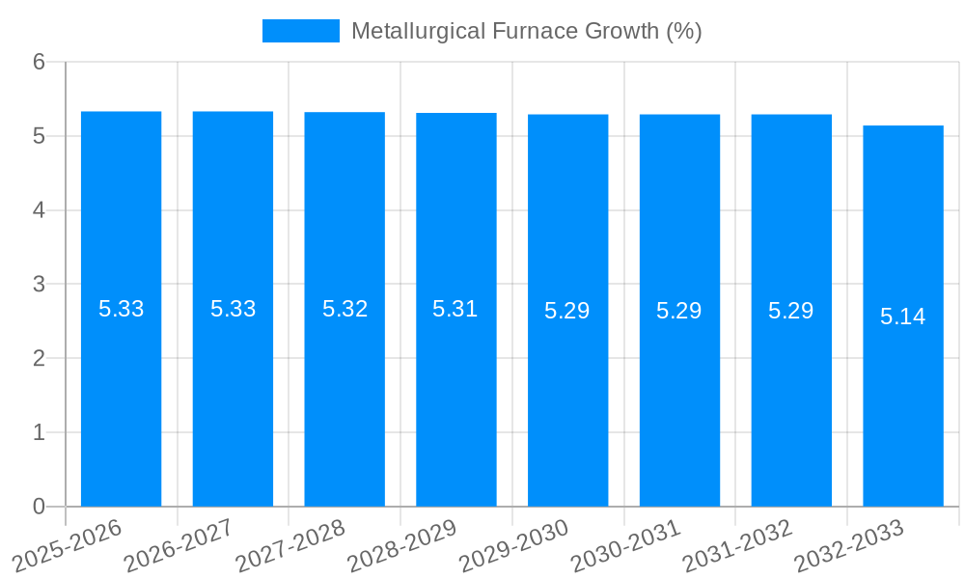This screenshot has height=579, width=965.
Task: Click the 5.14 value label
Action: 903,316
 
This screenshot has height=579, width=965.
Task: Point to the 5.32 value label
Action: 345,309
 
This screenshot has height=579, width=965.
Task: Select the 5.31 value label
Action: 455,309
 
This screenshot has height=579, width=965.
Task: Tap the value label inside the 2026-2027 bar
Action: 234,309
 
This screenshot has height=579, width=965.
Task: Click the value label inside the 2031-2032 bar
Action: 791,311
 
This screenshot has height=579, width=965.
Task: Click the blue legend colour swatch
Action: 300,31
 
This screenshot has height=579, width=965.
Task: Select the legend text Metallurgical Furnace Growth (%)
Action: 526,31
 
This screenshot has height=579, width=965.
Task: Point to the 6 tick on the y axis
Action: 39,62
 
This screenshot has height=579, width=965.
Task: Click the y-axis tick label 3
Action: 39,285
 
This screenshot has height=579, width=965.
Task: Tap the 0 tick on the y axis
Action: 39,507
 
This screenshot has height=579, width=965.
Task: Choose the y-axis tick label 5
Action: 39,136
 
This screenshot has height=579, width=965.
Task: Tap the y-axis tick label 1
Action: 39,432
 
